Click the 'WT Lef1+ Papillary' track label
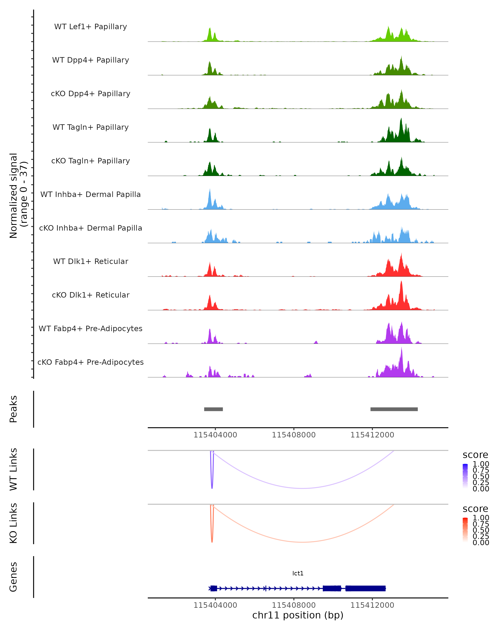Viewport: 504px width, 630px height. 91,27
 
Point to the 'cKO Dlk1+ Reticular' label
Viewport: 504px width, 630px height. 91,295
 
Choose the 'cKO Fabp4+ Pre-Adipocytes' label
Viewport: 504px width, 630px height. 91,362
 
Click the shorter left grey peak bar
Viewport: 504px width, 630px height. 213,409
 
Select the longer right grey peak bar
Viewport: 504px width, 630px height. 394,409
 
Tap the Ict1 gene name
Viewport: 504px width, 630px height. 298,573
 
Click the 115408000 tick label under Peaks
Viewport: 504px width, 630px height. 294,435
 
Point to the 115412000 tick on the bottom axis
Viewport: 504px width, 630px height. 372,605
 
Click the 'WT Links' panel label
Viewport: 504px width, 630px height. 13,469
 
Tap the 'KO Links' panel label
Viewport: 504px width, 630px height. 13,523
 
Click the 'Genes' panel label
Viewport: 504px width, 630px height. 13,577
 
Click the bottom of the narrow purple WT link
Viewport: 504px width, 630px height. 212,488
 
